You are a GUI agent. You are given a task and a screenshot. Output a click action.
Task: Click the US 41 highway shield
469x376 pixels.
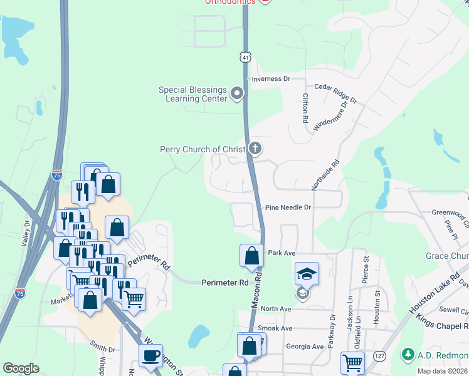pyautogui.click(x=245, y=57)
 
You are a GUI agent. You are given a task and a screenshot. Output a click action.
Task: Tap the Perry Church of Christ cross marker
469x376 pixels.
pyautogui.click(x=255, y=149)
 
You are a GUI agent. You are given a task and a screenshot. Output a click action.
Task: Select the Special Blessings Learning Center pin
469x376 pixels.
pyautogui.click(x=237, y=95)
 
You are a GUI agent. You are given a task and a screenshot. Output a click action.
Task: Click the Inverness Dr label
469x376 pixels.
pyautogui.click(x=271, y=79)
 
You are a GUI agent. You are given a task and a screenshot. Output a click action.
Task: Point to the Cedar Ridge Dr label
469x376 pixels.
pyautogui.click(x=335, y=93)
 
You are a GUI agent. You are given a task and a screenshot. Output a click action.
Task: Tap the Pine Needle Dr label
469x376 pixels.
pyautogui.click(x=288, y=207)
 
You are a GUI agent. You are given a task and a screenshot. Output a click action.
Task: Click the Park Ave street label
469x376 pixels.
pyautogui.click(x=282, y=253)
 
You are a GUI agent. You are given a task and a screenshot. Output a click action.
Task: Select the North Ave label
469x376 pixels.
pyautogui.click(x=276, y=309)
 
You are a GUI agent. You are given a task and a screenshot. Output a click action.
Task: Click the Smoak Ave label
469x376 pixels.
pyautogui.click(x=277, y=328)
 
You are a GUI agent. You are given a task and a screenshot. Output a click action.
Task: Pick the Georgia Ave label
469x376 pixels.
pyautogui.click(x=305, y=347)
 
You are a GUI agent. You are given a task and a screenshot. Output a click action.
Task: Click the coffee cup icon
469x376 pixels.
pyautogui.click(x=150, y=356)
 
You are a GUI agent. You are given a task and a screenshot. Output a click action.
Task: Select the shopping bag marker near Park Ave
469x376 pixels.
pyautogui.click(x=251, y=256)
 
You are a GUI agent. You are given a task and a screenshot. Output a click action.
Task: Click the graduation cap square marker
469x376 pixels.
pyautogui.click(x=307, y=274)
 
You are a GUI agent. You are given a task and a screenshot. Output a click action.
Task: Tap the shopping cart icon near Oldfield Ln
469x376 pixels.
pyautogui.click(x=352, y=363)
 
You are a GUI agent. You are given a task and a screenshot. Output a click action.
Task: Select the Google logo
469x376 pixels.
pyautogui.click(x=21, y=368)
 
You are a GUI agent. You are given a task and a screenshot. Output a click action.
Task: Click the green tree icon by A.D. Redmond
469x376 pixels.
pyautogui.click(x=408, y=354)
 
